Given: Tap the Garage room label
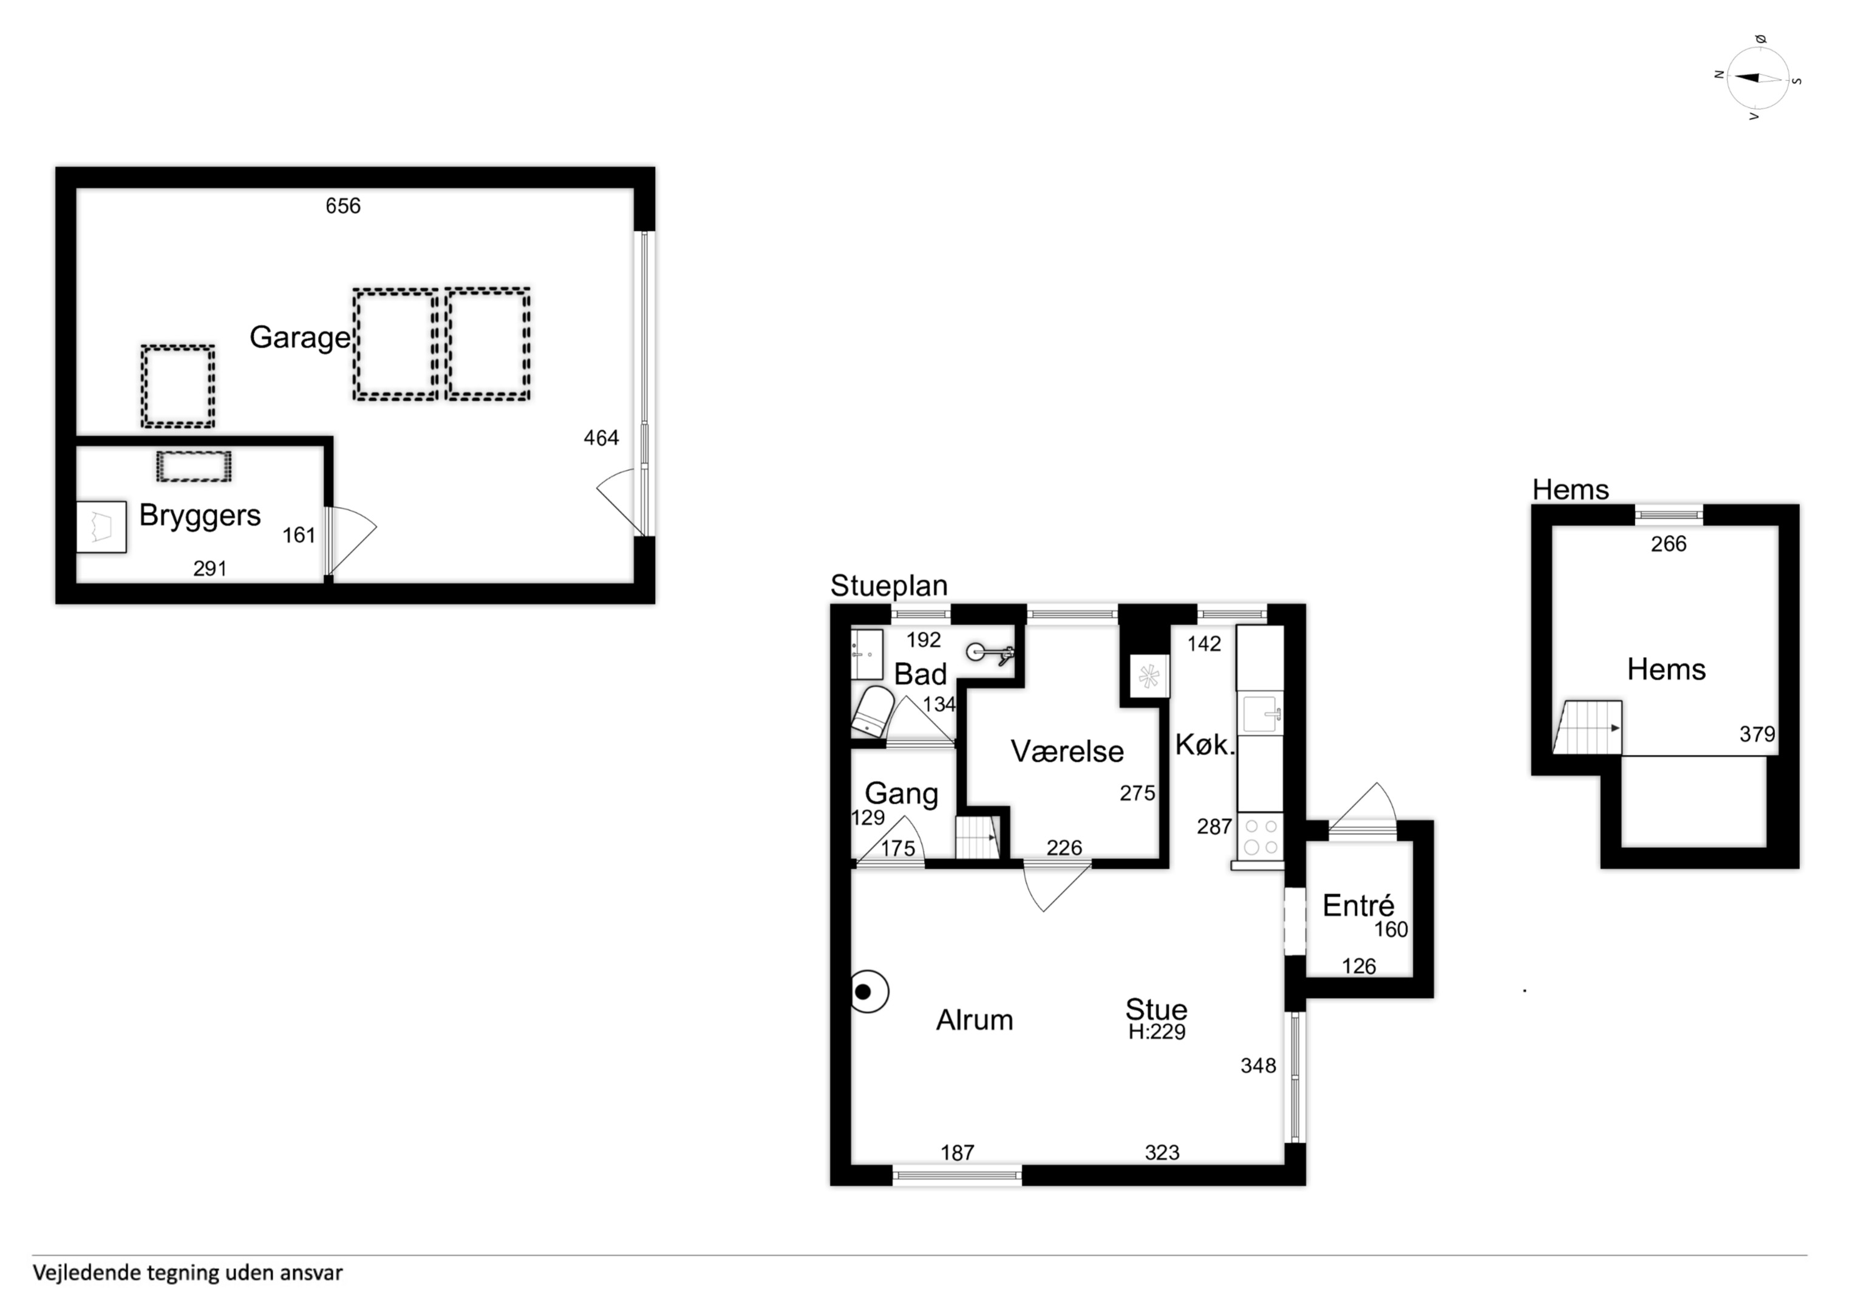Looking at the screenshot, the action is coord(300,338).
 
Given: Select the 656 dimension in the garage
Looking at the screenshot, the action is coord(342,206).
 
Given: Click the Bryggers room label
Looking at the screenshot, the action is coord(200,516).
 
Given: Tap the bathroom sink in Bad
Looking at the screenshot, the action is coord(867,655).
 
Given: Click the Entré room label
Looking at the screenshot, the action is coord(1358,906).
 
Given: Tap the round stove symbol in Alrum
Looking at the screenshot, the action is coord(868,991).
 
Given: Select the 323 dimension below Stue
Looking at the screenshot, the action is coord(1162,1153).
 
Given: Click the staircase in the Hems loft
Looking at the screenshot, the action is coord(1587,728).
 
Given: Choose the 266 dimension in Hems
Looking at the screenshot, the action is coord(1669,544).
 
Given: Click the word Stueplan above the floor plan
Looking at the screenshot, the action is coord(889,586).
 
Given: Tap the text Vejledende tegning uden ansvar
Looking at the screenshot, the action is coord(188,1273).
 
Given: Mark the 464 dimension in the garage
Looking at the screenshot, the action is coord(601,438).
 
